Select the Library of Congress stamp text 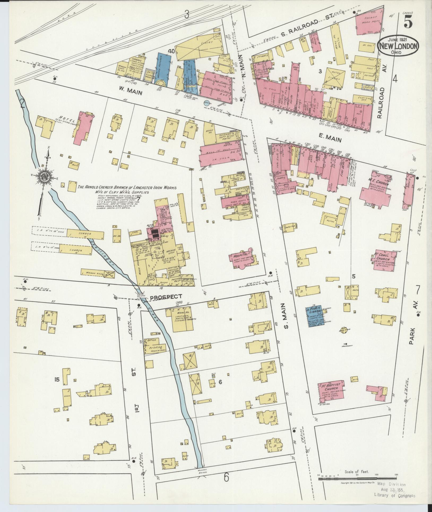[395, 495]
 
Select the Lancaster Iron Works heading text [127, 188]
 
